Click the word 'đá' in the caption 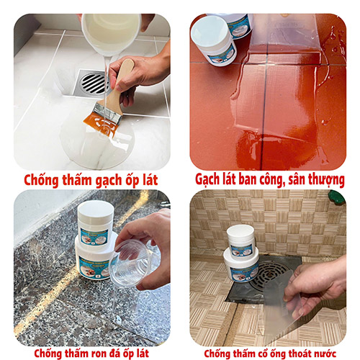(112, 353)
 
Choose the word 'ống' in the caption (275, 353)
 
